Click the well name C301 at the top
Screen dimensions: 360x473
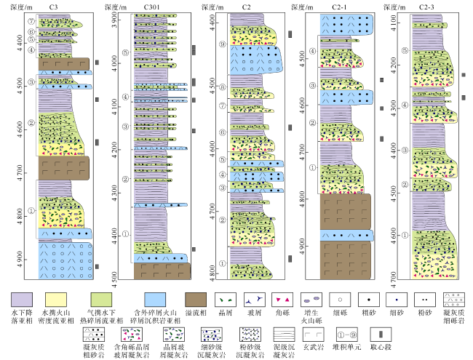coord(152,7)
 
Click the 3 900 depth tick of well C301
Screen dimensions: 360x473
coord(116,23)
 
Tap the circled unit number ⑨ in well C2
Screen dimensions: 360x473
coord(221,44)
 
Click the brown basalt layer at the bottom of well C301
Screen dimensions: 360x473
coord(162,271)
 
